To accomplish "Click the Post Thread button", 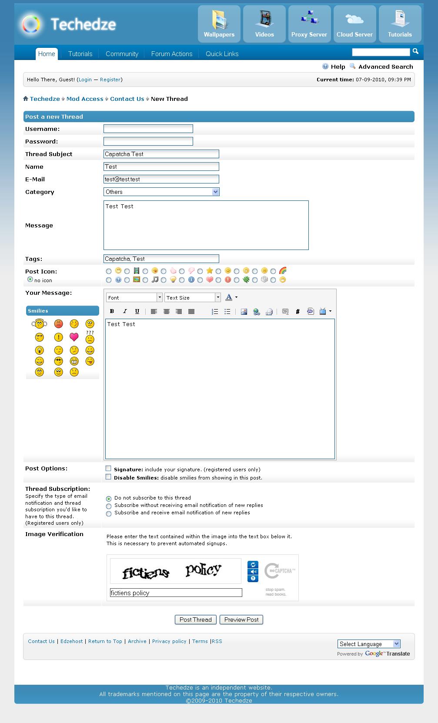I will (195, 620).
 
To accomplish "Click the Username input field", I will (148, 129).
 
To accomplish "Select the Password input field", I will (148, 141).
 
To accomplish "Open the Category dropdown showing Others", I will (161, 192).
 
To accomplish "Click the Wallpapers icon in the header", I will (219, 24).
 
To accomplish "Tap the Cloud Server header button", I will (354, 24).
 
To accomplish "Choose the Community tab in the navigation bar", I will (122, 54).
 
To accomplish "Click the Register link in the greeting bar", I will (110, 80).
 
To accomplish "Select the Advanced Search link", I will (385, 67).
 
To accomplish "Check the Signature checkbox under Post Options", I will (108, 469).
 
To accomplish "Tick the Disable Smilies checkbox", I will (108, 477).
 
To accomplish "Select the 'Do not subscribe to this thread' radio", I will (109, 499).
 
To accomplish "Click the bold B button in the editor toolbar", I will (112, 311).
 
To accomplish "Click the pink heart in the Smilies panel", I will (74, 337).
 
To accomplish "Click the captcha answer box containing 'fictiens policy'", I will (176, 593).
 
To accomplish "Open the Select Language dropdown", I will (369, 644).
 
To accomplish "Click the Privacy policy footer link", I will (169, 641).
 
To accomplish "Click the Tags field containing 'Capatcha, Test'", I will (161, 259).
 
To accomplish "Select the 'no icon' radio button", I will (30, 280).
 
